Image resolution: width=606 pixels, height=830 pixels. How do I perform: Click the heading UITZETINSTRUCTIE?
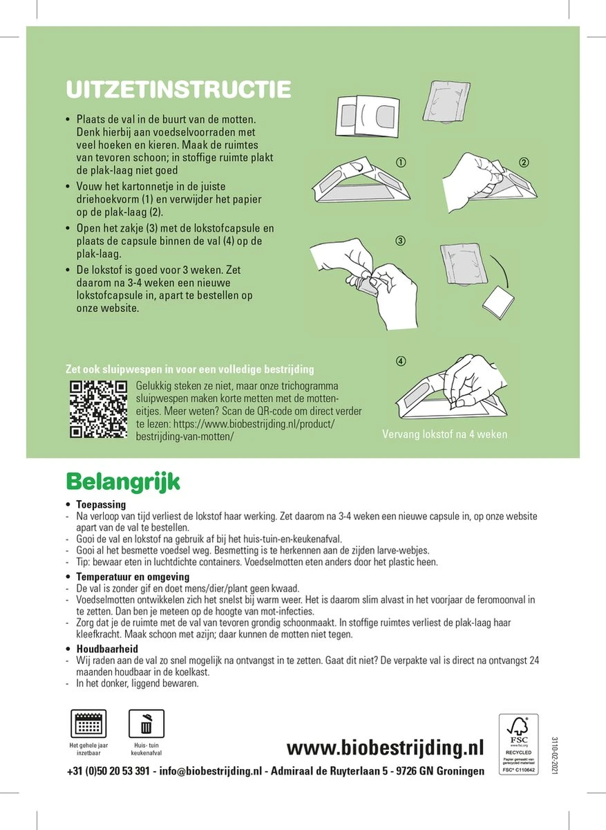pos(178,89)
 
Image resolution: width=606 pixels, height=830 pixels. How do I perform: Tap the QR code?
pos(99,409)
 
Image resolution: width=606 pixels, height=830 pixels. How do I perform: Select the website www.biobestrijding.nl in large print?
pos(385,748)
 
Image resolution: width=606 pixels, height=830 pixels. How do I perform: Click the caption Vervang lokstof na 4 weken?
pos(444,435)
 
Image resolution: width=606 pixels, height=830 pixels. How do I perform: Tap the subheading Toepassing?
pos(101,505)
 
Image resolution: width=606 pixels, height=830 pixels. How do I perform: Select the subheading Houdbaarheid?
pos(107,649)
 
